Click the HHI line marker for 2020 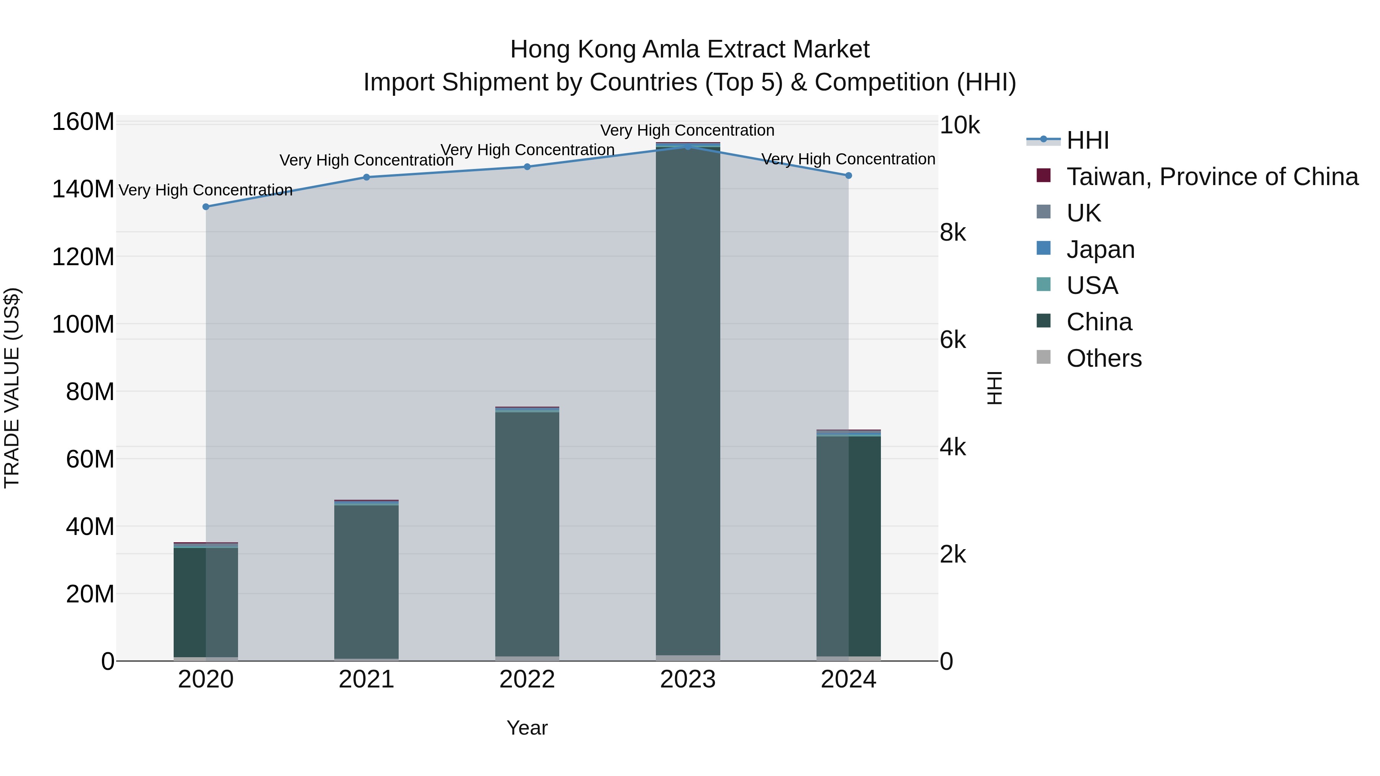coord(206,207)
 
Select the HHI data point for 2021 coord(366,177)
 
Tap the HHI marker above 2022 coord(527,167)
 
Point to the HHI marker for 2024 coord(849,176)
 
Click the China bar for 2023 coord(688,402)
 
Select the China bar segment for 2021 coord(366,581)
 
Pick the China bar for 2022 coord(527,536)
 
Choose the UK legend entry coord(1083,213)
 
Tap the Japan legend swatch coord(1043,248)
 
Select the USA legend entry coord(1092,285)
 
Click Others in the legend coord(1104,358)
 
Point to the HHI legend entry coord(1088,140)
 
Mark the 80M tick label coord(90,392)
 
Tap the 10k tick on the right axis coord(959,125)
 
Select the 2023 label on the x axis coord(688,679)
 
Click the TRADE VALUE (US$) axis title coord(12,388)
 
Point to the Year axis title coord(527,728)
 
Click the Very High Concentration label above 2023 coord(687,130)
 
